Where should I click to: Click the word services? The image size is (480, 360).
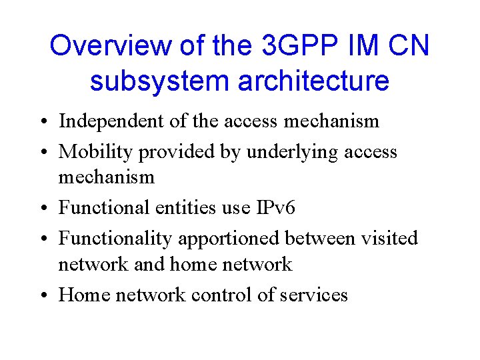coord(313,295)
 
